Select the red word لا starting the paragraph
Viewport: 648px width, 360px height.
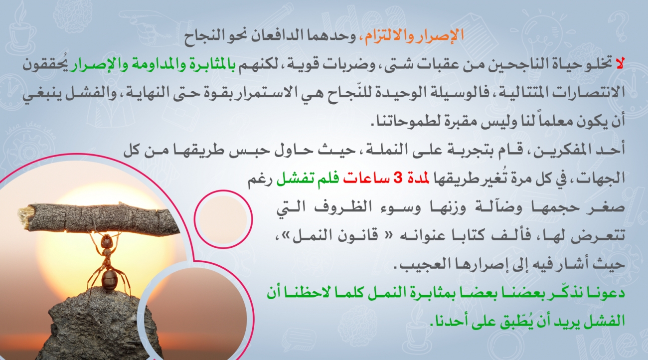620,63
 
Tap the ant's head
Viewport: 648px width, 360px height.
106,241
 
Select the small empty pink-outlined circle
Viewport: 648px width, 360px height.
223,219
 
